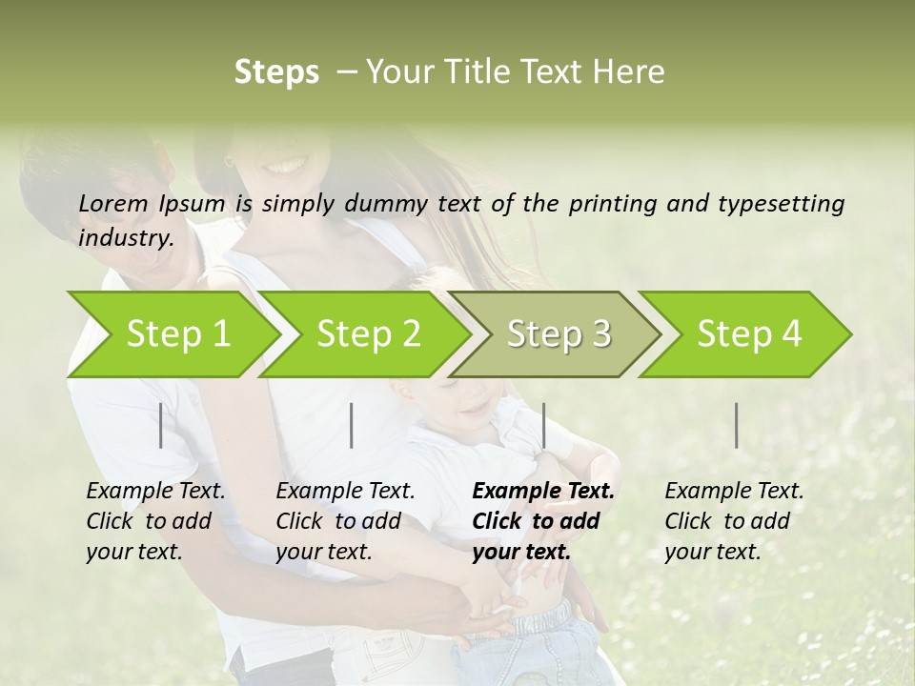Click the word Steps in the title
276,72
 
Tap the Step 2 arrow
368,333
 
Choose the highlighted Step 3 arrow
559,333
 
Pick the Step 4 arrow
749,333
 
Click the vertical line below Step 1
161,425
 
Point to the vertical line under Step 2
352,425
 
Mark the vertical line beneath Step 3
543,425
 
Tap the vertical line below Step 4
737,425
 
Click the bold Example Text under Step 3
543,492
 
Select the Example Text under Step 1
155,492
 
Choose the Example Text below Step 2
345,492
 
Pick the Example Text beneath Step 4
734,492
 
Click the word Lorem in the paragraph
112,204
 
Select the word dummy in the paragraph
389,204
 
